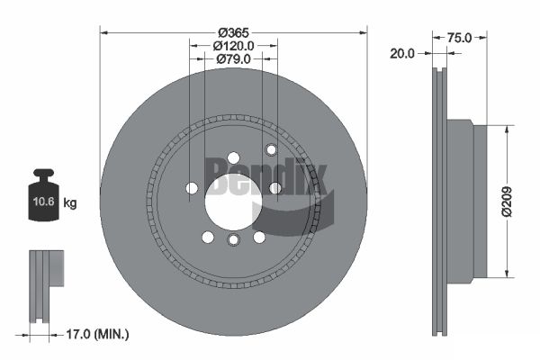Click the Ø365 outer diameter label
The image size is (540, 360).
pyautogui.click(x=233, y=32)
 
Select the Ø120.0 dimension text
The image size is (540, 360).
pyautogui.click(x=233, y=46)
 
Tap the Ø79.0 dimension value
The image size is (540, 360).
pyautogui.click(x=234, y=59)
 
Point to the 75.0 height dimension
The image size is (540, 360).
pyautogui.click(x=459, y=38)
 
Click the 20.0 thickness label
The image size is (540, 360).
pyautogui.click(x=402, y=54)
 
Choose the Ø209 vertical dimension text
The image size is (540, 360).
pyautogui.click(x=507, y=202)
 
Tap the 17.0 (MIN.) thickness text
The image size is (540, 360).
pyautogui.click(x=97, y=334)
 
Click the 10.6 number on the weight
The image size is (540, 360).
pyautogui.click(x=44, y=202)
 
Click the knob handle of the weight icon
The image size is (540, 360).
pyautogui.click(x=43, y=175)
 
